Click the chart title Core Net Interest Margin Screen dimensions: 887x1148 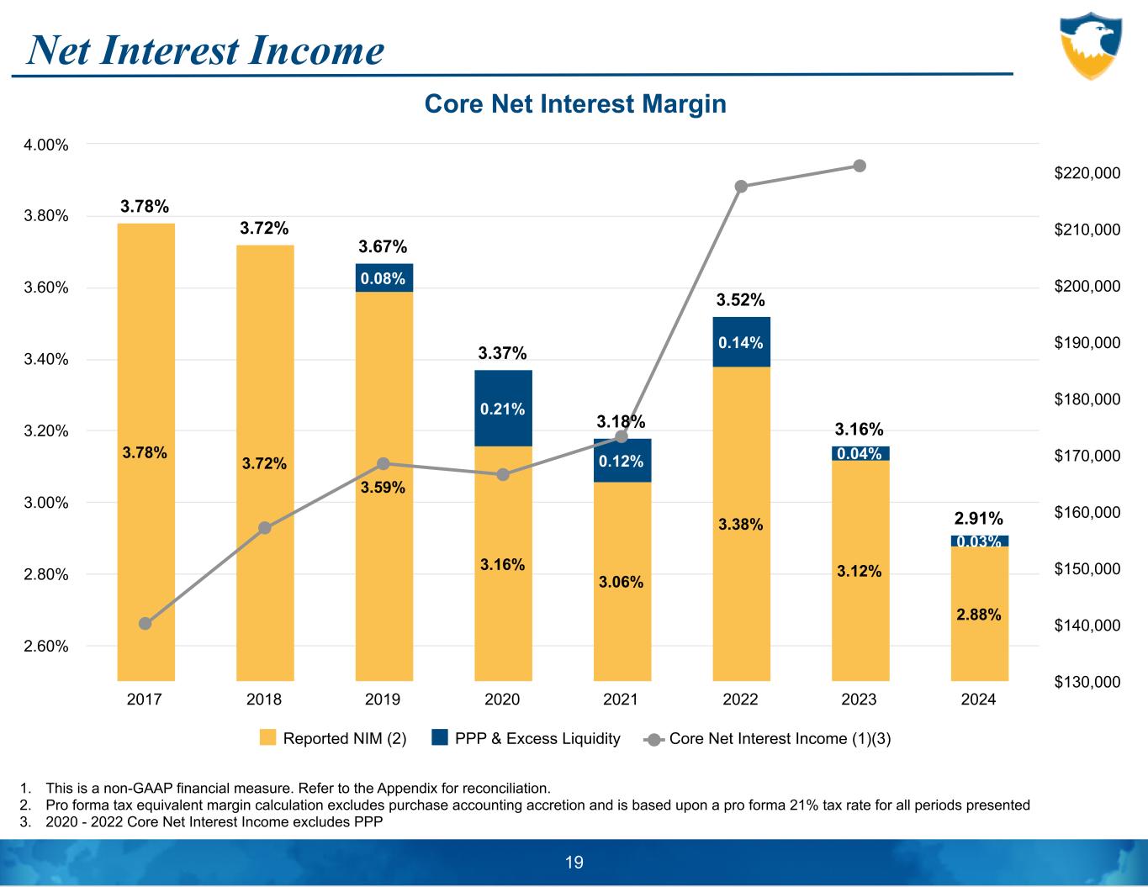[x=575, y=104]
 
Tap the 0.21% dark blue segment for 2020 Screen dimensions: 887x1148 [x=503, y=409]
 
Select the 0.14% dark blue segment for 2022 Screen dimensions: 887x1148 [x=741, y=342]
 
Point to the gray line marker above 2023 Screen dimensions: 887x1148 [x=860, y=166]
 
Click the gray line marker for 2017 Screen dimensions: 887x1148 [x=145, y=623]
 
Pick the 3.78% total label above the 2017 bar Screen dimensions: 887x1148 [x=145, y=206]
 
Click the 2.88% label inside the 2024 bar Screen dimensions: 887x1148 [x=979, y=615]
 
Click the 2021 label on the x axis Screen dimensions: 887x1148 [x=622, y=700]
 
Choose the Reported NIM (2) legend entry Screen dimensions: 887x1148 [x=333, y=739]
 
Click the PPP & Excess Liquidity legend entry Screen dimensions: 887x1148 [x=526, y=739]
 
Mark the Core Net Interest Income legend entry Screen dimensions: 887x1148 [x=768, y=739]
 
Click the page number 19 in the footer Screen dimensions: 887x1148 [x=574, y=862]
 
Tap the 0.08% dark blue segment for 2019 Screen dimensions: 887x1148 [x=384, y=277]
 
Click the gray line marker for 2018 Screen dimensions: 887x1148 [x=265, y=528]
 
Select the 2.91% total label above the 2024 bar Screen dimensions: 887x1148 [x=978, y=518]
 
